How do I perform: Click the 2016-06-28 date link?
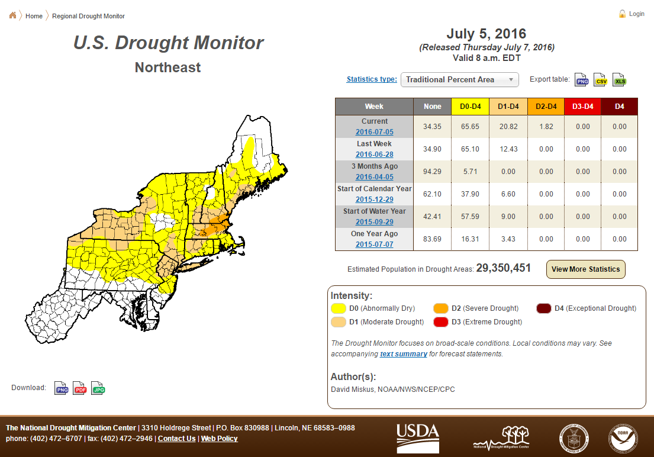click(x=374, y=155)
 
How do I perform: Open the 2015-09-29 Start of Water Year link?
click(x=374, y=222)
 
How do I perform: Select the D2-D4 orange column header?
click(x=546, y=107)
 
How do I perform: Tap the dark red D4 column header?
click(x=620, y=107)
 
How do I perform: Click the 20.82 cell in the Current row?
click(x=508, y=127)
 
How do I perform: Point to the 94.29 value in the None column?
click(x=432, y=172)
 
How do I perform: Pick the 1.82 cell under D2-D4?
click(x=546, y=127)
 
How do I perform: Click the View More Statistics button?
click(x=585, y=269)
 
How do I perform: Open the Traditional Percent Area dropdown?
click(x=460, y=80)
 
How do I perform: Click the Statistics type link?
click(x=372, y=79)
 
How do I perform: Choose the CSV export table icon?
click(x=601, y=80)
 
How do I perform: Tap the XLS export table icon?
click(x=620, y=80)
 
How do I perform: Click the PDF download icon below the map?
click(x=80, y=388)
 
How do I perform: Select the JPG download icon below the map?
click(x=98, y=388)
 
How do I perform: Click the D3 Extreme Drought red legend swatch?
click(x=441, y=322)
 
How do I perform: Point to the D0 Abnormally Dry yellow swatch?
click(x=339, y=308)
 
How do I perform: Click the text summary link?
click(x=403, y=354)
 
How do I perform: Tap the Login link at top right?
click(x=636, y=14)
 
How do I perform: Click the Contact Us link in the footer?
click(x=176, y=439)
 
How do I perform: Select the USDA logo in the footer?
click(x=417, y=438)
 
